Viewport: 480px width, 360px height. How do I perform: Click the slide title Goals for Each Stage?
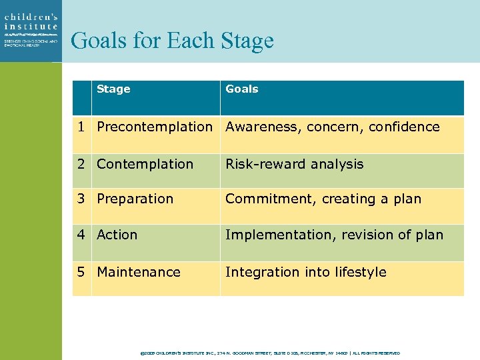click(x=172, y=41)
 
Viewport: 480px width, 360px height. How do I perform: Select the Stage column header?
click(x=113, y=89)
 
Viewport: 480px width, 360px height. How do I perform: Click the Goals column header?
click(x=241, y=89)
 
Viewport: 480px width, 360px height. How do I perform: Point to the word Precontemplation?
click(x=154, y=127)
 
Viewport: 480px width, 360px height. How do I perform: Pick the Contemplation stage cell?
click(x=145, y=164)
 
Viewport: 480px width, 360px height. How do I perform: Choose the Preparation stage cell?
click(x=135, y=199)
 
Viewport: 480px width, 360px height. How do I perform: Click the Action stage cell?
click(x=117, y=235)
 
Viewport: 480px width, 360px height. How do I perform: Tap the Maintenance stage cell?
click(x=139, y=272)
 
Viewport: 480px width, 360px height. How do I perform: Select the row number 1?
click(x=81, y=127)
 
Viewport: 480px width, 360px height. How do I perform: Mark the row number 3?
click(x=81, y=199)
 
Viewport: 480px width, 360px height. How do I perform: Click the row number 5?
click(x=81, y=272)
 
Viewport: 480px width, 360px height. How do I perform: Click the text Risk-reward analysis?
click(x=294, y=164)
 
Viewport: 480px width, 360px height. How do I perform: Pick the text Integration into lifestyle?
click(x=305, y=272)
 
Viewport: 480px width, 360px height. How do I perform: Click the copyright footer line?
click(x=269, y=353)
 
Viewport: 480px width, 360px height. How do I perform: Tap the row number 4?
click(x=81, y=235)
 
